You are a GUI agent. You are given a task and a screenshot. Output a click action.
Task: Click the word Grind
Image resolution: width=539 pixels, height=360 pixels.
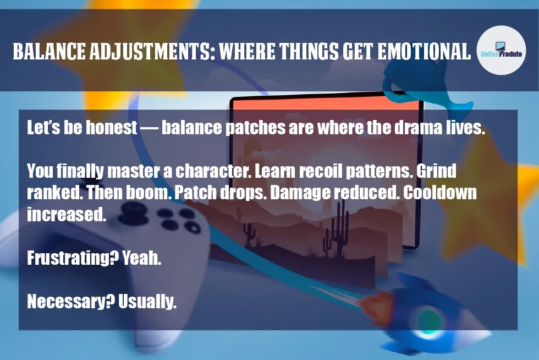pos(436,171)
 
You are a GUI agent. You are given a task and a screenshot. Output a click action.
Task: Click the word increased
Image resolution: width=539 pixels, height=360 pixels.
pos(66,215)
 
